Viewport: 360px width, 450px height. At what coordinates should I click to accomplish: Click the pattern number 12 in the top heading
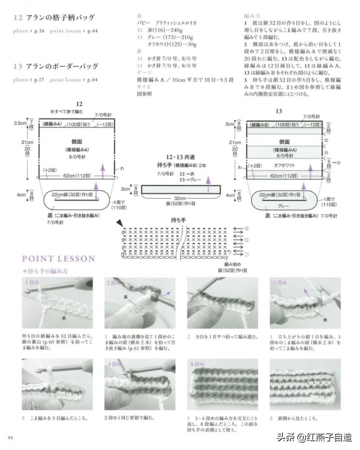(x=17, y=17)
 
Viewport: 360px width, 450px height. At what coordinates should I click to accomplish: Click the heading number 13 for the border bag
(x=17, y=66)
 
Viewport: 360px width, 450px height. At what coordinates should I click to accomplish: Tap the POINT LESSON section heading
(x=58, y=259)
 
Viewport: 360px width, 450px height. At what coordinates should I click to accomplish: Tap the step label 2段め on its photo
(x=115, y=282)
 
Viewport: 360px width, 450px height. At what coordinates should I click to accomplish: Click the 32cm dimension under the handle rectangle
(x=179, y=197)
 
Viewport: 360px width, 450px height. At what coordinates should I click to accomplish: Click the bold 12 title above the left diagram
(x=79, y=104)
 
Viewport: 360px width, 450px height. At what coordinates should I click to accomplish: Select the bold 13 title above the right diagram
(x=279, y=112)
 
